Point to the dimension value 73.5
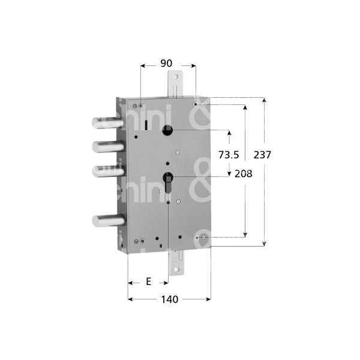point(229,155)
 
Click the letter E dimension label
point(148,281)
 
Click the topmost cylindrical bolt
point(108,122)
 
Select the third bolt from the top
point(108,171)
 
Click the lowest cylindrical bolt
point(108,220)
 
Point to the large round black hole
point(169,130)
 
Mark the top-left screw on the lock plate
point(141,106)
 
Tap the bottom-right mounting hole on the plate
point(198,238)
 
